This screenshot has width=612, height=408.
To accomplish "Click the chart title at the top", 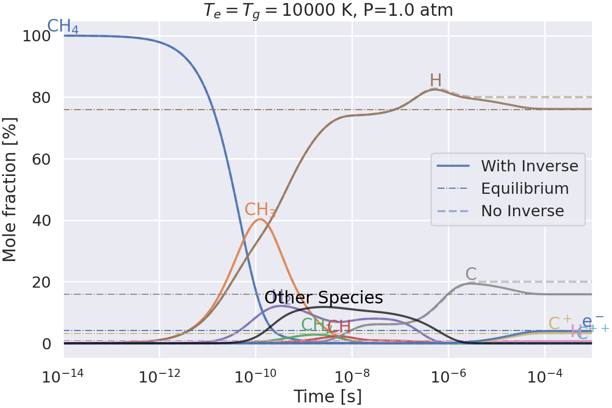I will coord(328,10).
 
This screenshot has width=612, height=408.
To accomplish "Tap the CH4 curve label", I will coord(63,27).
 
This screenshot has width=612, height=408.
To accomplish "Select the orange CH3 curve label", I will coord(260,210).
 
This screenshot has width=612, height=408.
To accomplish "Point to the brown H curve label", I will coord(436,81).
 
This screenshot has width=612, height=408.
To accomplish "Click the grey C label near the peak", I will coord(471,274).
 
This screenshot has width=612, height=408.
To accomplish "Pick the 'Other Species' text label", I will coord(323,298).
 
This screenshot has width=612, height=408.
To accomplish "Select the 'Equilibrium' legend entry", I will coord(525,189).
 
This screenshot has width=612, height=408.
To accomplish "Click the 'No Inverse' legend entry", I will coord(522,211).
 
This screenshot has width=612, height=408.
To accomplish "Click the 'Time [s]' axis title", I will coord(327,396).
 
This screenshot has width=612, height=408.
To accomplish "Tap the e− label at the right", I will coord(593,320).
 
